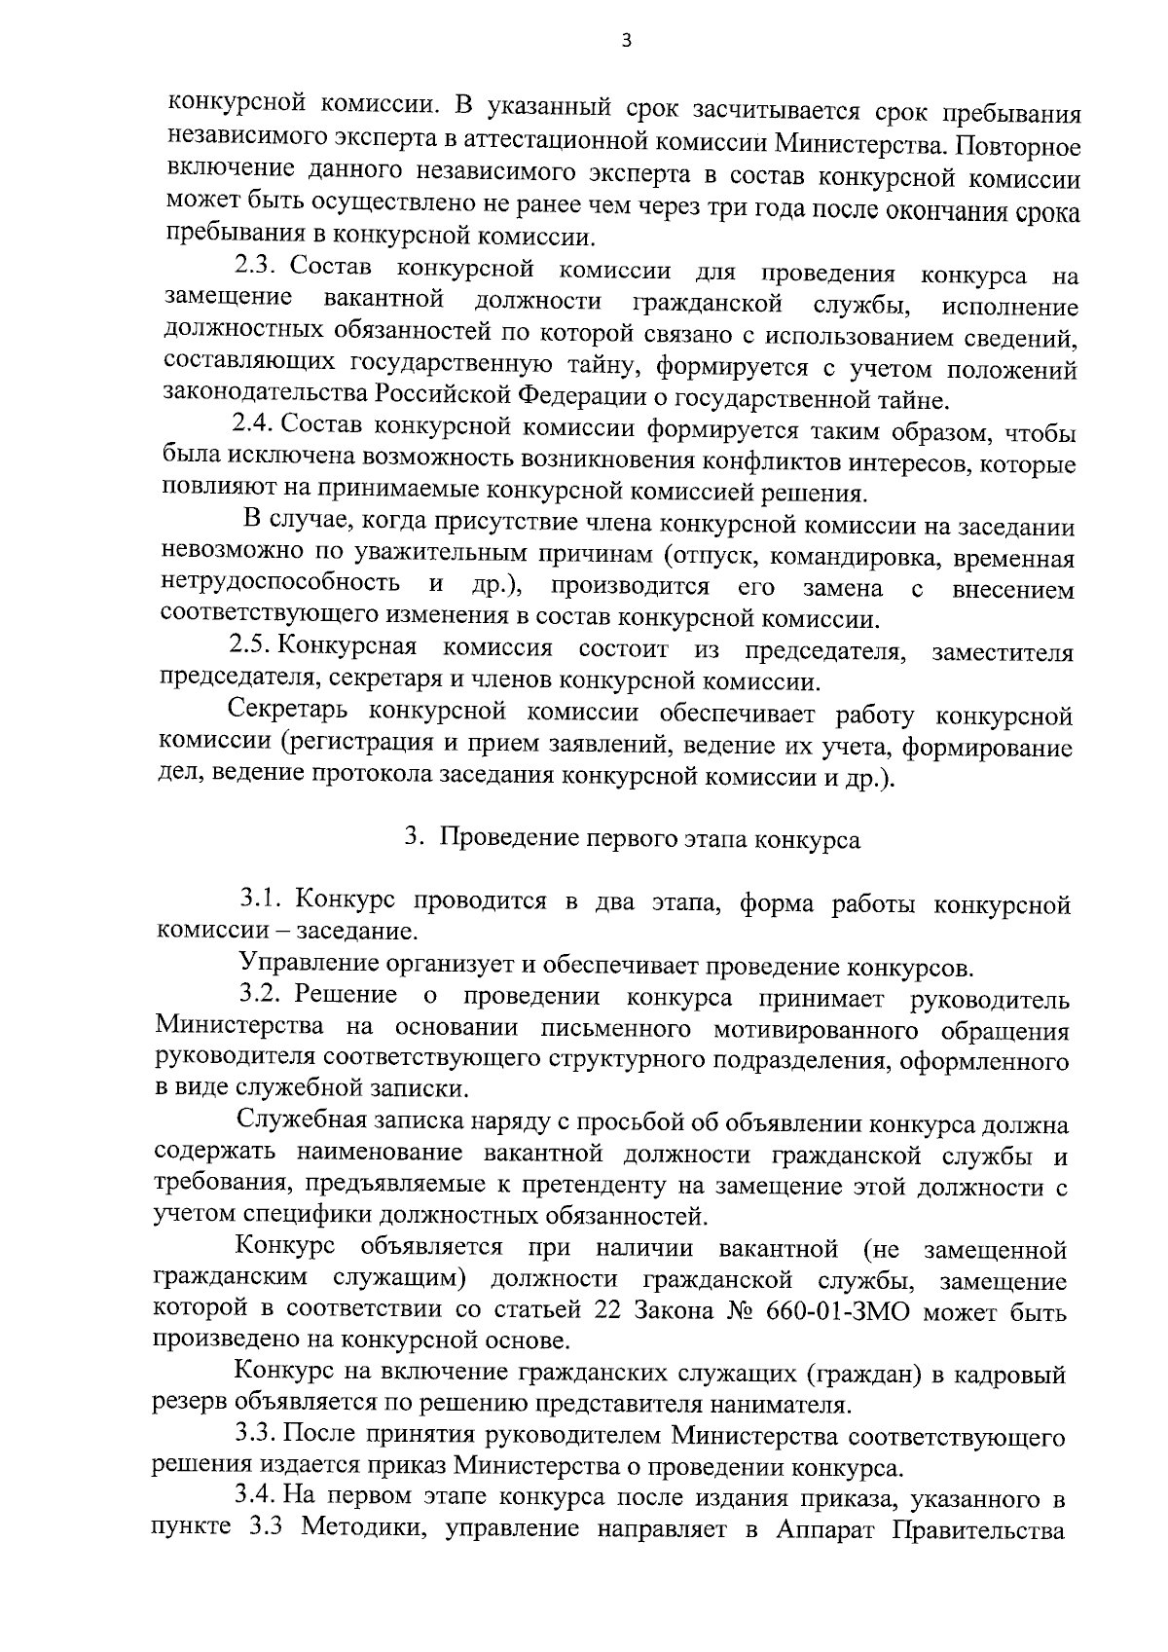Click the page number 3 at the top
click(x=627, y=40)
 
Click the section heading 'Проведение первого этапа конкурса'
click(x=650, y=839)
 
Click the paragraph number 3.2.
click(x=262, y=996)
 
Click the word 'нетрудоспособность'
click(x=279, y=584)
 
